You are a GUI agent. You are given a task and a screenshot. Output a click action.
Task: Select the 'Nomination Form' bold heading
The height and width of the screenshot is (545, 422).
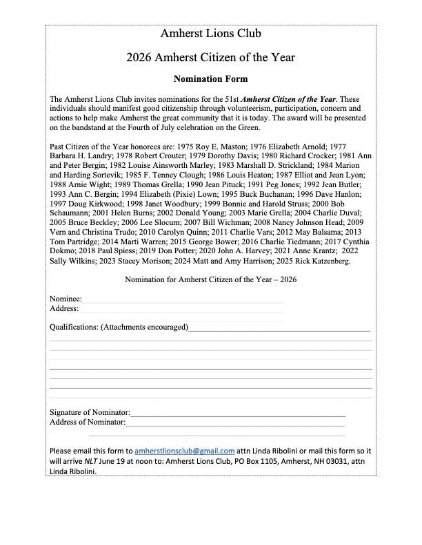210,78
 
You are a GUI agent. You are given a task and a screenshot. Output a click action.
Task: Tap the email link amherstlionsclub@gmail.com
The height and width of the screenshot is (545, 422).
185,451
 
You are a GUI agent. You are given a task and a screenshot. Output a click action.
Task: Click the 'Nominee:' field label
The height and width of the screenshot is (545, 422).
66,299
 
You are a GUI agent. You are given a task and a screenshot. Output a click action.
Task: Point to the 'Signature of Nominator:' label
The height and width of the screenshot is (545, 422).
90,412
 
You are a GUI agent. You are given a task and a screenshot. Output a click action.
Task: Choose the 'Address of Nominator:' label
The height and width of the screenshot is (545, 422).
88,422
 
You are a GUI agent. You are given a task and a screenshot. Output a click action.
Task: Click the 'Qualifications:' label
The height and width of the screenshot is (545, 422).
74,327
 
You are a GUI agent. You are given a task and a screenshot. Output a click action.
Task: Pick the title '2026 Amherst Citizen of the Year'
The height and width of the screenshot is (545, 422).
210,57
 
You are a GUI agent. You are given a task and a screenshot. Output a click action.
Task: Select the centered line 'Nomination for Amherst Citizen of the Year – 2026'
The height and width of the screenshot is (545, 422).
210,280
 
